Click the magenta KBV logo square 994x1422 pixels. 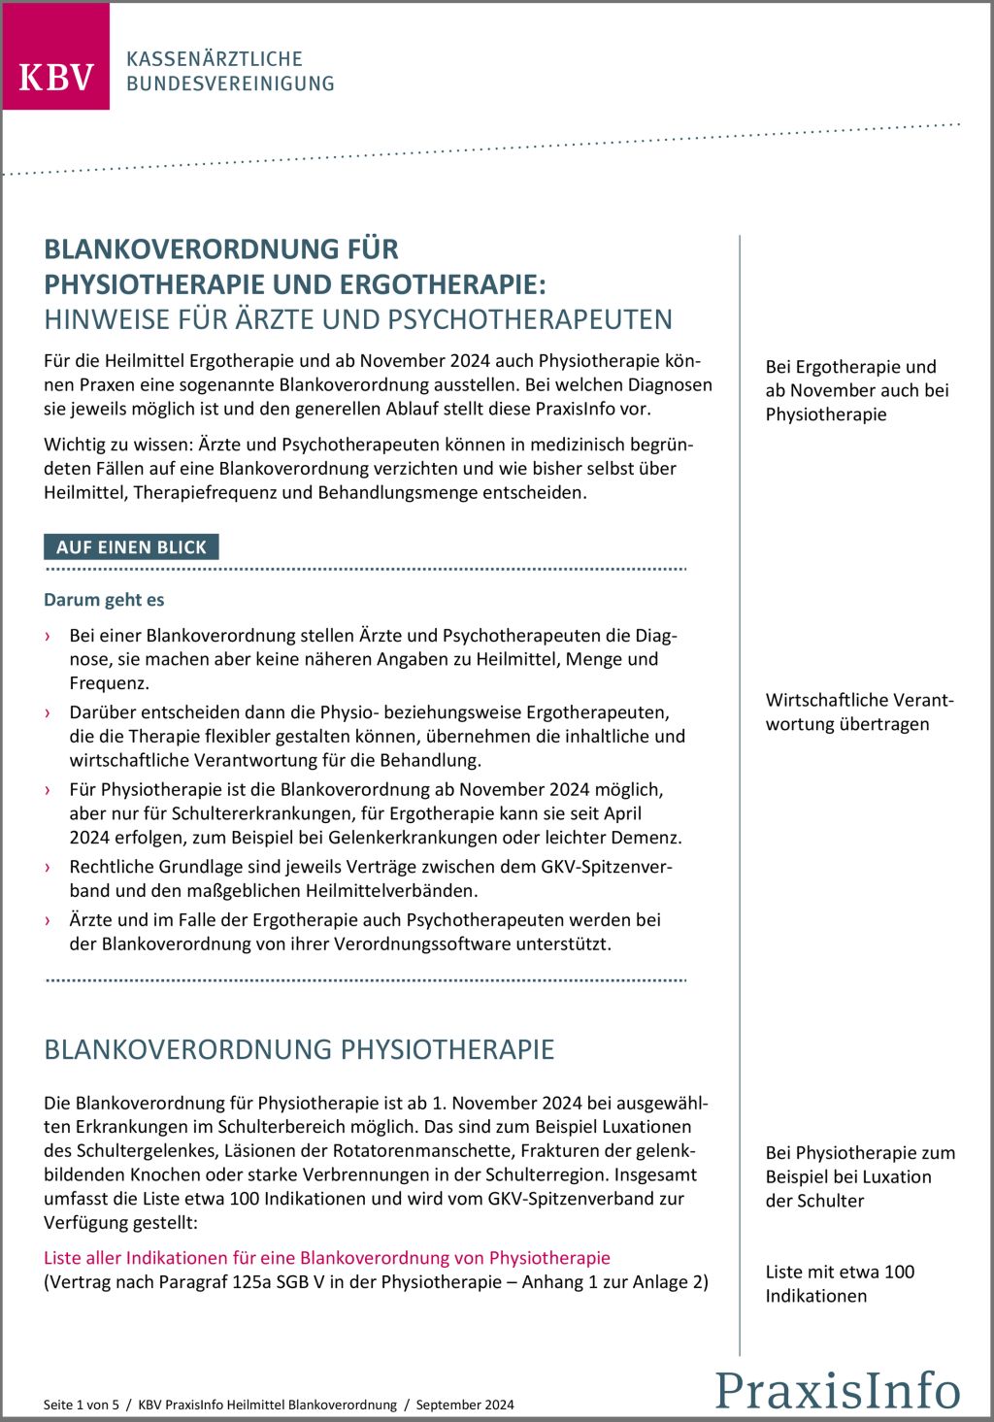pyautogui.click(x=55, y=56)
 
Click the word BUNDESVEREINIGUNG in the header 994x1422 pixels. pyautogui.click(x=230, y=84)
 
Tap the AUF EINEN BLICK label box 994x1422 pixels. pyautogui.click(x=131, y=547)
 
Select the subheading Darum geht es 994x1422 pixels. pyautogui.click(x=104, y=600)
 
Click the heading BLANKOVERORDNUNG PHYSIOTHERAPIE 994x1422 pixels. pyautogui.click(x=299, y=1049)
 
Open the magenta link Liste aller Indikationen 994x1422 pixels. pyautogui.click(x=326, y=1258)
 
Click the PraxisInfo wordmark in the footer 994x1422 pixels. pyautogui.click(x=838, y=1389)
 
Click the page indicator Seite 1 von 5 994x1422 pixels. pyautogui.click(x=82, y=1405)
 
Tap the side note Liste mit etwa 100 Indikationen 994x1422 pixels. pyautogui.click(x=840, y=1283)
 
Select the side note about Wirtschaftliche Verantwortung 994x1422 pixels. pyautogui.click(x=859, y=711)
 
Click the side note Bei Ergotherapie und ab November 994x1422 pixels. pyautogui.click(x=856, y=390)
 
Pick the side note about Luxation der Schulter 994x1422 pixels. pyautogui.click(x=859, y=1176)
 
